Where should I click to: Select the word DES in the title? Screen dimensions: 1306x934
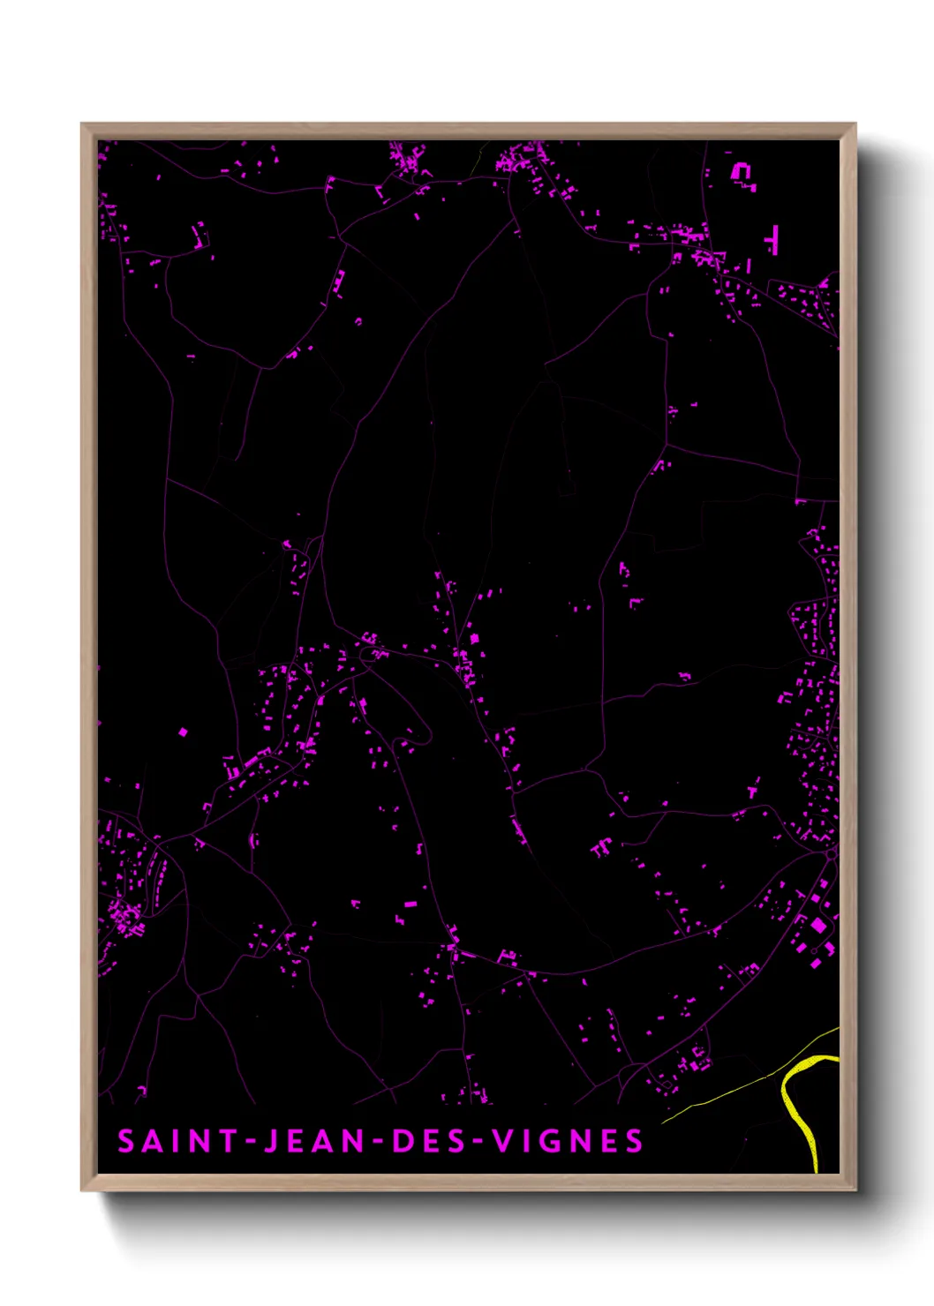[427, 1141]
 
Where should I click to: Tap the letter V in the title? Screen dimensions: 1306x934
[501, 1141]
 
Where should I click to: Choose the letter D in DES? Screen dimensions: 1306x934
[402, 1141]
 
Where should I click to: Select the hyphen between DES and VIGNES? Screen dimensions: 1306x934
[478, 1142]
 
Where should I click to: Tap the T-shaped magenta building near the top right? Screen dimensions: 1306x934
[773, 239]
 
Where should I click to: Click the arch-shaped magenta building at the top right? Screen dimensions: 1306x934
[742, 172]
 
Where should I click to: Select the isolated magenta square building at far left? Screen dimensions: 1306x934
[184, 732]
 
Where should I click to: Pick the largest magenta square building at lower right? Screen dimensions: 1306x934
[818, 925]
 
